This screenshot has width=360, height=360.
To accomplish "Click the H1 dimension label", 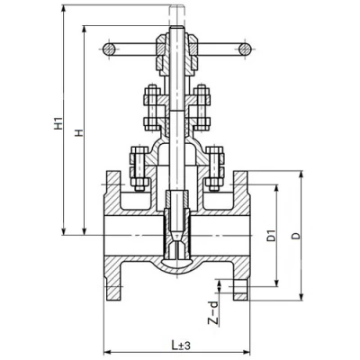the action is point(59,123).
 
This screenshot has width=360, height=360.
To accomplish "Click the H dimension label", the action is point(79,133).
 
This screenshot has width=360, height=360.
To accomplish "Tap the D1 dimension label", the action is point(272,236).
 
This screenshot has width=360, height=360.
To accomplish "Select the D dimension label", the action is point(296,236).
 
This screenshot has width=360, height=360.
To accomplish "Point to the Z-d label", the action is point(212,313).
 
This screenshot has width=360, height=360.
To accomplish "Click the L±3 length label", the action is point(181,346).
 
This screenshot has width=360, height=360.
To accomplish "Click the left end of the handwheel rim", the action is point(109,49).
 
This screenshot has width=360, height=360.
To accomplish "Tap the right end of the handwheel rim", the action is point(245,49).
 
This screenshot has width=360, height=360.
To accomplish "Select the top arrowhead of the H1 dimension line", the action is point(63,8).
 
